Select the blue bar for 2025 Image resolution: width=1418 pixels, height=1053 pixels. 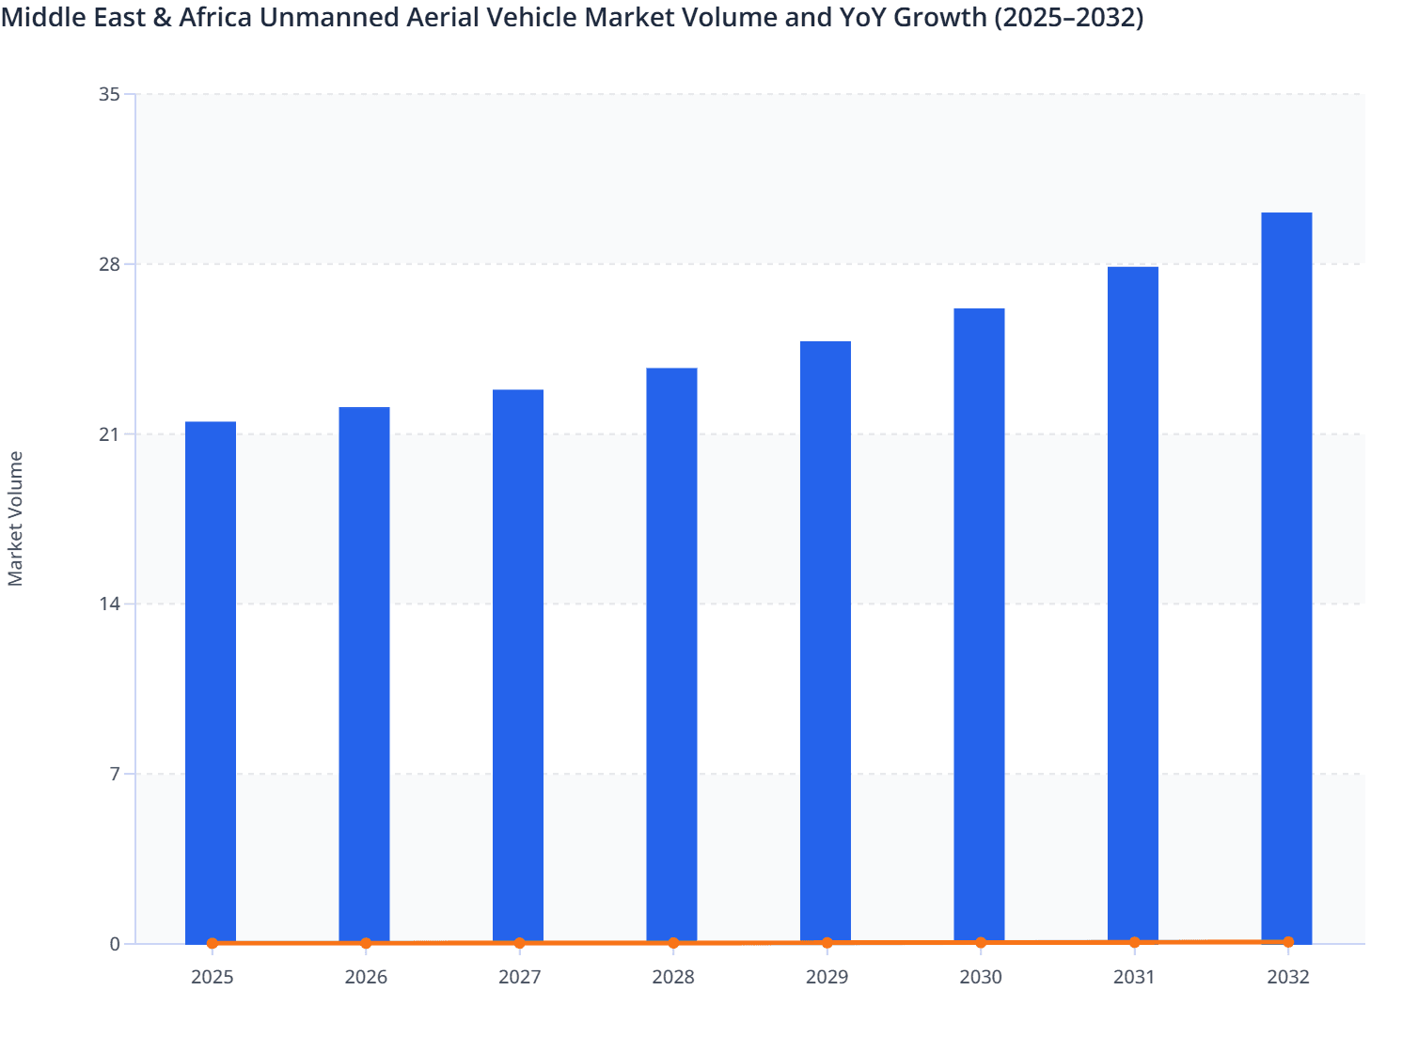pos(211,682)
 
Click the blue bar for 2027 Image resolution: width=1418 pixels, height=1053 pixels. pos(518,666)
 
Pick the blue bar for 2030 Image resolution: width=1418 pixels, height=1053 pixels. pos(979,625)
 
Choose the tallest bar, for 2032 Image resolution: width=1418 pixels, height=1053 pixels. pos(1286,577)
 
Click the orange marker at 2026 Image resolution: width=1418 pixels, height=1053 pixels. pos(366,943)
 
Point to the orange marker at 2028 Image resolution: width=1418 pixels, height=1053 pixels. pos(673,943)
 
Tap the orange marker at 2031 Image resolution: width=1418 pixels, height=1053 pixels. pos(1134,942)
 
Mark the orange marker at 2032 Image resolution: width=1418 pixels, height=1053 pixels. pos(1288,942)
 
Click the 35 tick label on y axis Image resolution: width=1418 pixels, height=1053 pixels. pos(109,94)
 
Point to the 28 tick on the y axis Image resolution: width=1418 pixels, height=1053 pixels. pos(109,264)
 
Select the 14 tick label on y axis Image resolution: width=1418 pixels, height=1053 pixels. pos(109,604)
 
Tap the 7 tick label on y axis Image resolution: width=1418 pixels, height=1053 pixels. pos(115,774)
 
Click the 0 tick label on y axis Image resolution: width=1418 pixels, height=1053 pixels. pos(115,944)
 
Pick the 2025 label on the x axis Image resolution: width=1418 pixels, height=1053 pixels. pos(212,977)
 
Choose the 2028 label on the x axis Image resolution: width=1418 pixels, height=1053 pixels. pos(673,977)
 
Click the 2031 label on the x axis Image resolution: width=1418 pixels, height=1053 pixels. pos(1134,977)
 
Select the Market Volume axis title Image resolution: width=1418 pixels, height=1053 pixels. pos(15,519)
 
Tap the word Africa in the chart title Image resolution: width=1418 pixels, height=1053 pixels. pos(215,17)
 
